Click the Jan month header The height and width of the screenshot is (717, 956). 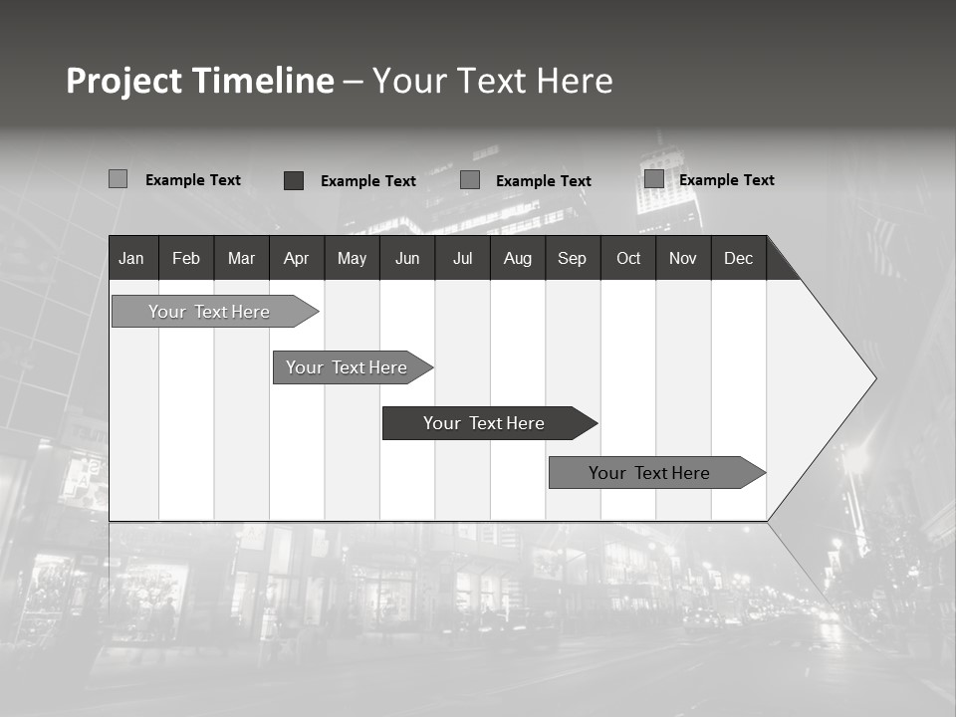pos(131,258)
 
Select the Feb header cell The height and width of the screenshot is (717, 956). pos(186,258)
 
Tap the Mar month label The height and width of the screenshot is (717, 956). pos(241,258)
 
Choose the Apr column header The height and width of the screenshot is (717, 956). pos(296,258)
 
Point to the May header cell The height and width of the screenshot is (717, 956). pos(352,258)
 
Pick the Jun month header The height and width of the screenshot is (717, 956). pos(407,258)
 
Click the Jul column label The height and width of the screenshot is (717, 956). pos(462,258)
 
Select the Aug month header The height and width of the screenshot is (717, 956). pos(518,258)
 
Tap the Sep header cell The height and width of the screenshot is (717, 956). pos(573,258)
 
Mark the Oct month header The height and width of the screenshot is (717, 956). pos(628,258)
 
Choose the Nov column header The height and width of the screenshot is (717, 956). pos(683,258)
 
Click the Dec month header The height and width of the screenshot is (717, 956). pos(739,258)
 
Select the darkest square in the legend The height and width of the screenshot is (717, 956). pos(294,180)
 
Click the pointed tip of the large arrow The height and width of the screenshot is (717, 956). pos(873,378)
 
